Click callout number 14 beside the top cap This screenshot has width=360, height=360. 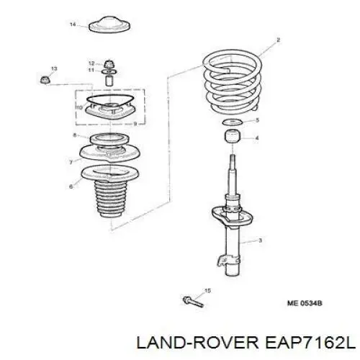tap(73, 24)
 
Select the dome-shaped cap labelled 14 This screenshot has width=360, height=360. tap(109, 24)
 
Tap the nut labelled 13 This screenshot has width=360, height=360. tap(45, 79)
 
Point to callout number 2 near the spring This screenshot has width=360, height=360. tap(278, 40)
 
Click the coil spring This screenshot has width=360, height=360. tap(233, 81)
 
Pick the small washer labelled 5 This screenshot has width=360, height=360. tap(233, 122)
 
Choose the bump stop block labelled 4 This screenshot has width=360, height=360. tap(233, 136)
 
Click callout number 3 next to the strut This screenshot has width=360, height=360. tap(260, 240)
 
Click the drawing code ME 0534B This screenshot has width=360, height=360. tap(305, 303)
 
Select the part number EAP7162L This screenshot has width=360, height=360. tap(310, 343)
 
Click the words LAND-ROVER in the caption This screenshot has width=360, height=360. tap(197, 343)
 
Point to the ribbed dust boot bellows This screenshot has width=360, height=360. tap(110, 198)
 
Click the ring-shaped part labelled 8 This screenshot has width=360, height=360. tap(109, 139)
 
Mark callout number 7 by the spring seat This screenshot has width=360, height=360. tap(71, 163)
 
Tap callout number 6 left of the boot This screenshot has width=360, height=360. tap(71, 186)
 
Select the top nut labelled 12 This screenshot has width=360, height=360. tap(109, 64)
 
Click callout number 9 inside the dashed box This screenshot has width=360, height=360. tap(135, 124)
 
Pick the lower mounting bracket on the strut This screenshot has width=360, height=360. tap(228, 261)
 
